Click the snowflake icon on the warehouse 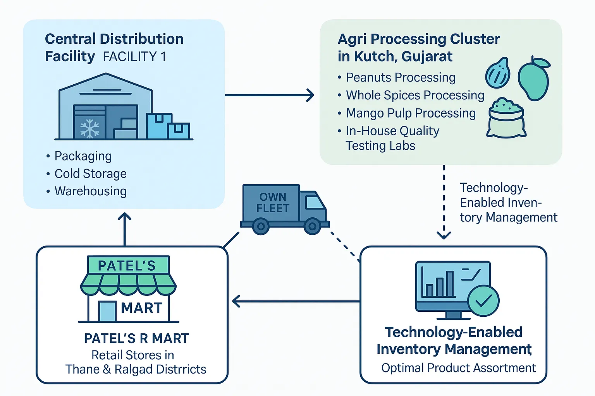click(x=89, y=128)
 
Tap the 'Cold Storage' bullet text click(x=90, y=174)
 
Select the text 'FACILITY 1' click(x=134, y=56)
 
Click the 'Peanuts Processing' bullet click(x=401, y=77)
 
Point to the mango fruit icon click(x=534, y=79)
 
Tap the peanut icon click(x=498, y=73)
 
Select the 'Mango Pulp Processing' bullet click(x=411, y=113)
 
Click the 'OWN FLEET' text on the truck click(x=273, y=203)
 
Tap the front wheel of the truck click(x=312, y=226)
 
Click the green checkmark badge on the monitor click(x=483, y=300)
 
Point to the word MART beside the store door click(x=142, y=308)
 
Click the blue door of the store click(x=107, y=311)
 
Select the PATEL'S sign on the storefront click(x=127, y=265)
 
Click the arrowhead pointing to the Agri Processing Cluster click(x=310, y=95)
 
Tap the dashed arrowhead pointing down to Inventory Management click(x=444, y=235)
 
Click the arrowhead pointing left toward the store click(x=236, y=301)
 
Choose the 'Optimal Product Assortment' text click(x=459, y=367)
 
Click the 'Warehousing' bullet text click(x=90, y=191)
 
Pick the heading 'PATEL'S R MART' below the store click(x=136, y=338)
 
